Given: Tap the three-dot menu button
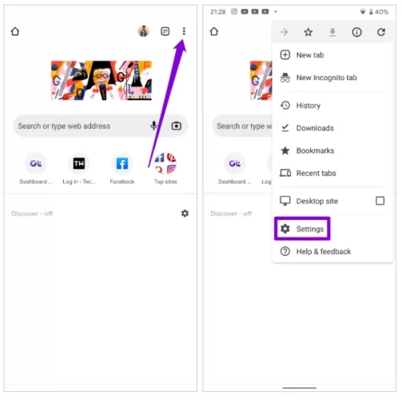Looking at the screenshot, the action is (184, 31).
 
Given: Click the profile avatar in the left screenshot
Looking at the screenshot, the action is (144, 31).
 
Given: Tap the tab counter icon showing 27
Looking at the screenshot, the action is (165, 31).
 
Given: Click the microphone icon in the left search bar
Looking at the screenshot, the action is (153, 126).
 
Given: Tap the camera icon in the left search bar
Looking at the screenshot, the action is (177, 126).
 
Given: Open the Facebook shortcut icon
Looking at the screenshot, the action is (122, 163).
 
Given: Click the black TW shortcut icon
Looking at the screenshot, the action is (79, 163).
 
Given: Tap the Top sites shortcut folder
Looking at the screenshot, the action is (165, 163).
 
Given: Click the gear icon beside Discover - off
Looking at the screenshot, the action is (185, 214).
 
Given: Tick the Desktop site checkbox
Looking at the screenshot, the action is (380, 201).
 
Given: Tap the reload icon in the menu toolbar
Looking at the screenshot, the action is (381, 32).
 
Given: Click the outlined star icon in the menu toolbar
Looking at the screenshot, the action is (308, 32).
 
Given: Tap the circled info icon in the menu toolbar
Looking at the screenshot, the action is (356, 32).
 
